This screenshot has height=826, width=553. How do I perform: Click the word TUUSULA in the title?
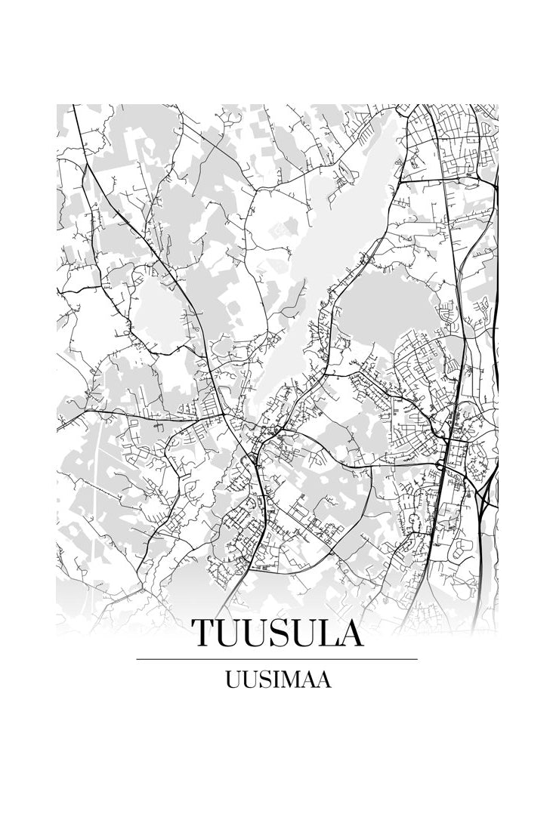(x=276, y=633)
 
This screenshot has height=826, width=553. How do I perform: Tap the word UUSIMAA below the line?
(x=276, y=680)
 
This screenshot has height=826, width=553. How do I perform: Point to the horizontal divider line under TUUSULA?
(x=276, y=659)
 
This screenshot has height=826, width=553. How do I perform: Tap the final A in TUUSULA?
(x=349, y=633)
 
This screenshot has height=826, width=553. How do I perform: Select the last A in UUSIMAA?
(x=322, y=680)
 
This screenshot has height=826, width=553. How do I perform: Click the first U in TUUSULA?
(x=229, y=633)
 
